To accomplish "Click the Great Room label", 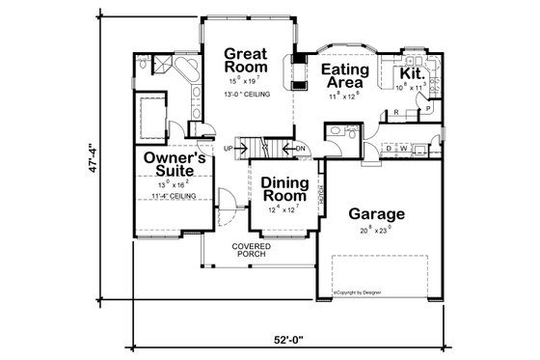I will (245, 60).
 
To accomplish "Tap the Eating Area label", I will (341, 76).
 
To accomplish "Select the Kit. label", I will (414, 72).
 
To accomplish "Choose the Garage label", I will (376, 213).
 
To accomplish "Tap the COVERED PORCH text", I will (250, 251).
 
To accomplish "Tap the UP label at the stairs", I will (229, 148).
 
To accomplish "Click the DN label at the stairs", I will (300, 148).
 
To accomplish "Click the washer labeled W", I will (403, 150).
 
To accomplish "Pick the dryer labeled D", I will (388, 150).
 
